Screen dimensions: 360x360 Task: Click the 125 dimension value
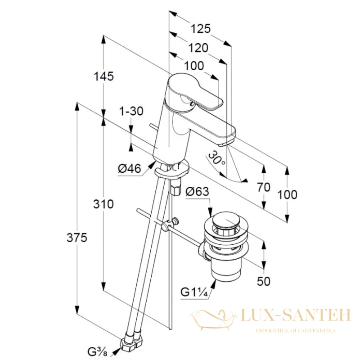coord(201,29)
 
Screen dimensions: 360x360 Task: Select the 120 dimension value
coord(198,48)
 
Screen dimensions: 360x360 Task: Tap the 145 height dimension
coord(103,76)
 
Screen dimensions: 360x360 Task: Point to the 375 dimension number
coord(77,238)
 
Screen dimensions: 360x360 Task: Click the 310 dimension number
coord(103,204)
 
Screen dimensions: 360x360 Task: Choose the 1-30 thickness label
coord(131,111)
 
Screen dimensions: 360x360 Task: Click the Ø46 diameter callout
coord(129,169)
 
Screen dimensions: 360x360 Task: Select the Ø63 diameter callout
coord(198,192)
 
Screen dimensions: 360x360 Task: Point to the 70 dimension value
coord(264,187)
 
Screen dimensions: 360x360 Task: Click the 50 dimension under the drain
coord(264,281)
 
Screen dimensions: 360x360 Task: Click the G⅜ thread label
coord(96,351)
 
